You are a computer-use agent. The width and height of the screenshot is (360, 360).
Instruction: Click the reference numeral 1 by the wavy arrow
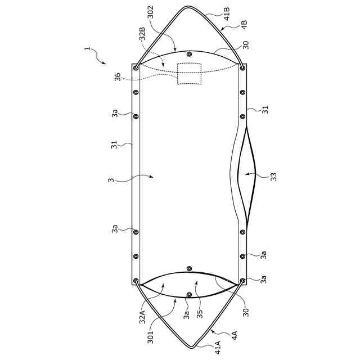tap(87, 49)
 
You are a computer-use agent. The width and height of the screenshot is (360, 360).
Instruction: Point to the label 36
tap(118, 76)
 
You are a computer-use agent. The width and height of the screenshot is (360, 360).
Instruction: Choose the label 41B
tap(227, 14)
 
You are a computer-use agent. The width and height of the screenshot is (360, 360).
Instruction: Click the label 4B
tap(244, 25)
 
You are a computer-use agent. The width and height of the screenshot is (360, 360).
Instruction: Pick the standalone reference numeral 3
tap(111, 180)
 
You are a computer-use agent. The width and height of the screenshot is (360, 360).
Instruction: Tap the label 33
tap(273, 177)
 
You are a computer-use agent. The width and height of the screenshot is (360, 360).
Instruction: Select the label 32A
tap(142, 316)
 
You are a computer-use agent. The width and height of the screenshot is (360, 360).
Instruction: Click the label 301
tap(150, 337)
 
